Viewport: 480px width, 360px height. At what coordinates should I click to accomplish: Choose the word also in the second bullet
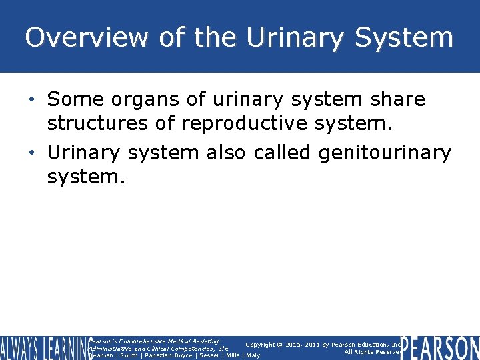227,153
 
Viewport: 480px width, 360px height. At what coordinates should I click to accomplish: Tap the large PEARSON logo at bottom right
440,348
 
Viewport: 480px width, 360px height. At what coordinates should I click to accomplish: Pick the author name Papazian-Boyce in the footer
167,355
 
